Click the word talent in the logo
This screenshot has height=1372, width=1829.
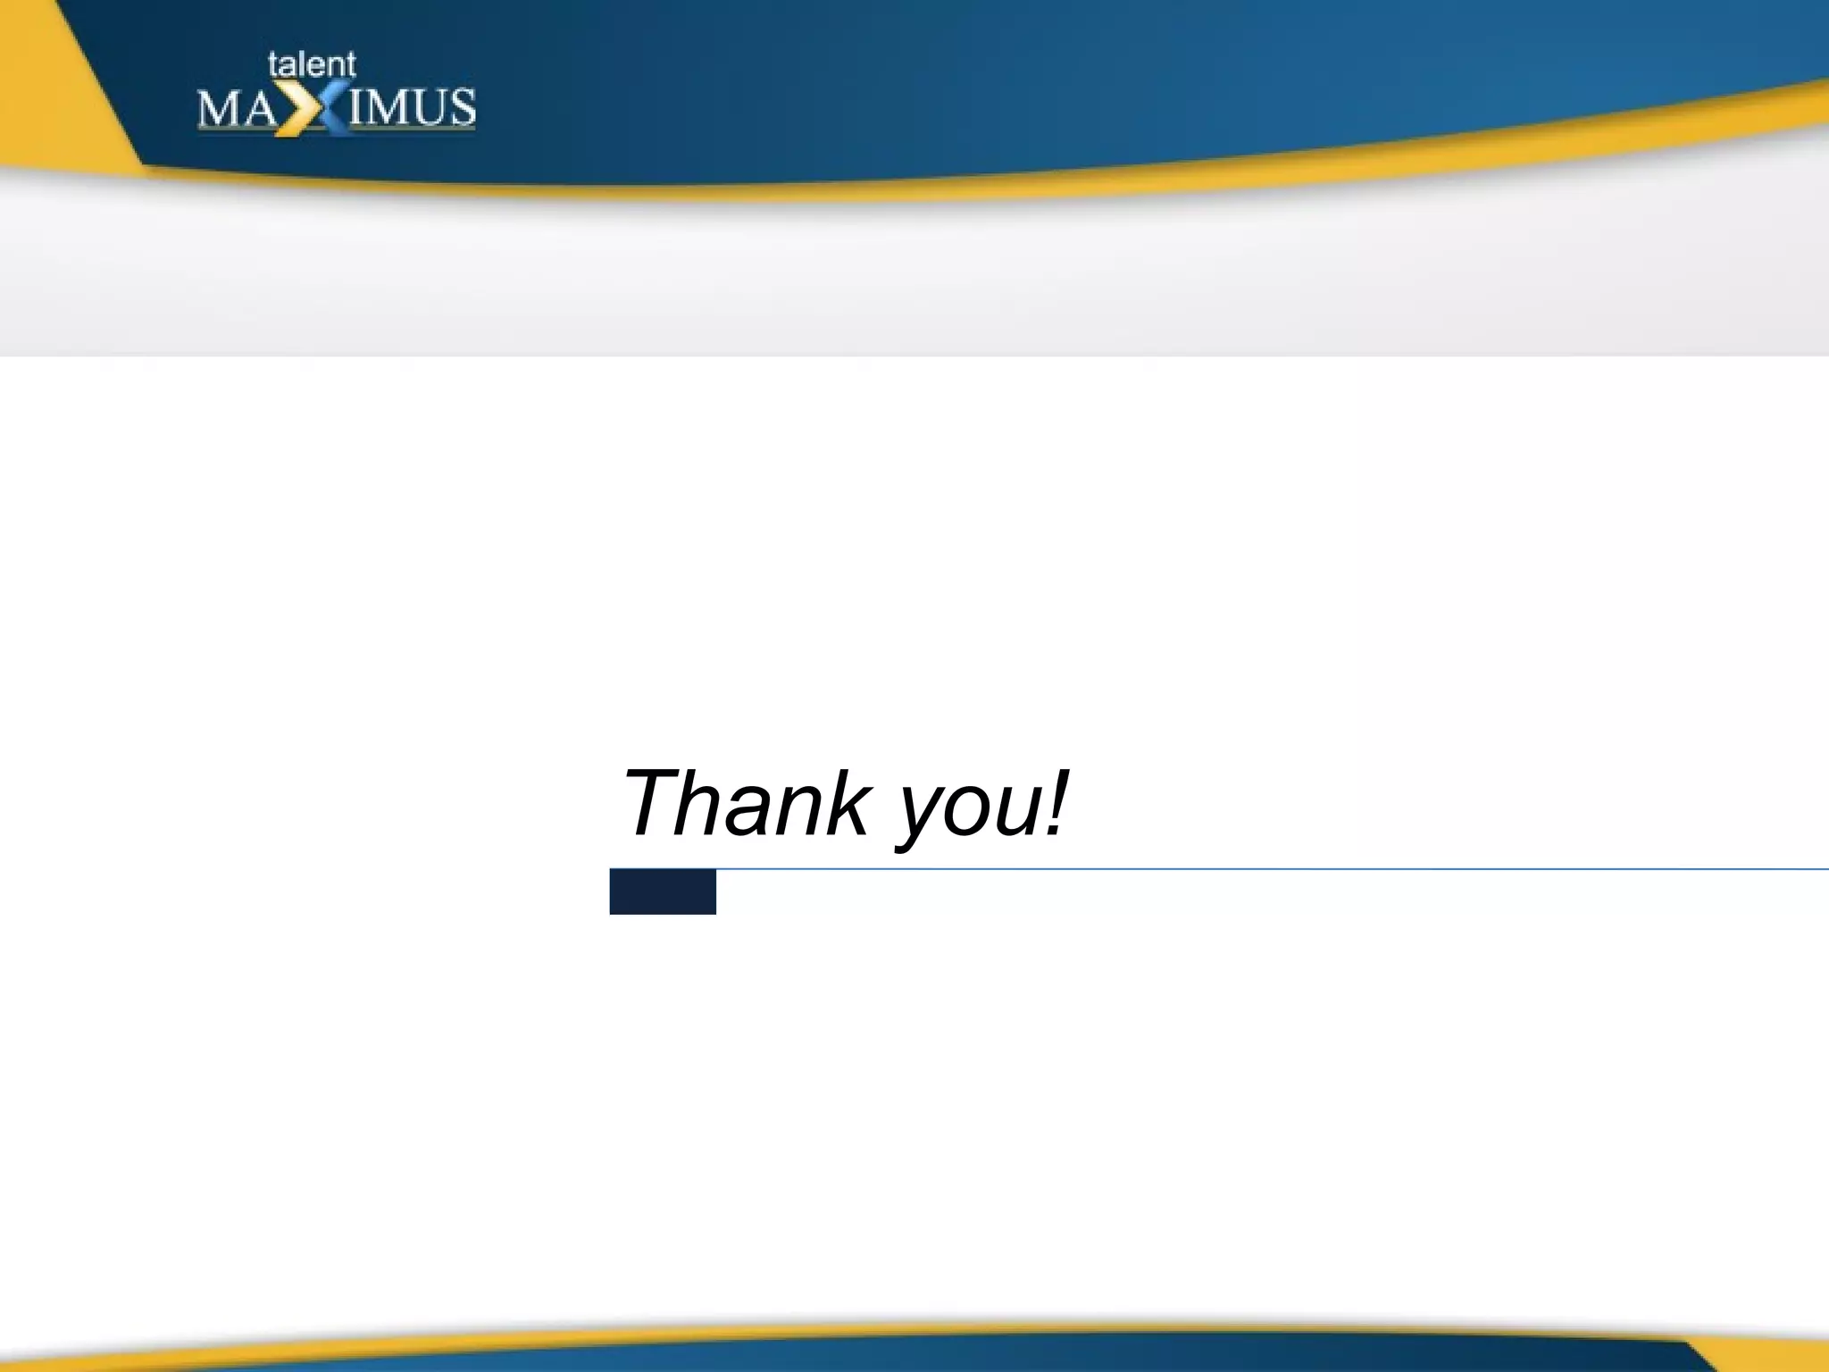pos(312,64)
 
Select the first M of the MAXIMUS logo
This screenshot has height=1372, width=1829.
pos(218,109)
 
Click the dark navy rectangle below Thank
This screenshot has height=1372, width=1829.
pos(663,891)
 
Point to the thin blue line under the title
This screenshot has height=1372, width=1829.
pos(1250,868)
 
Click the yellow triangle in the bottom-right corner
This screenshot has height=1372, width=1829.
pos(1777,1354)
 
